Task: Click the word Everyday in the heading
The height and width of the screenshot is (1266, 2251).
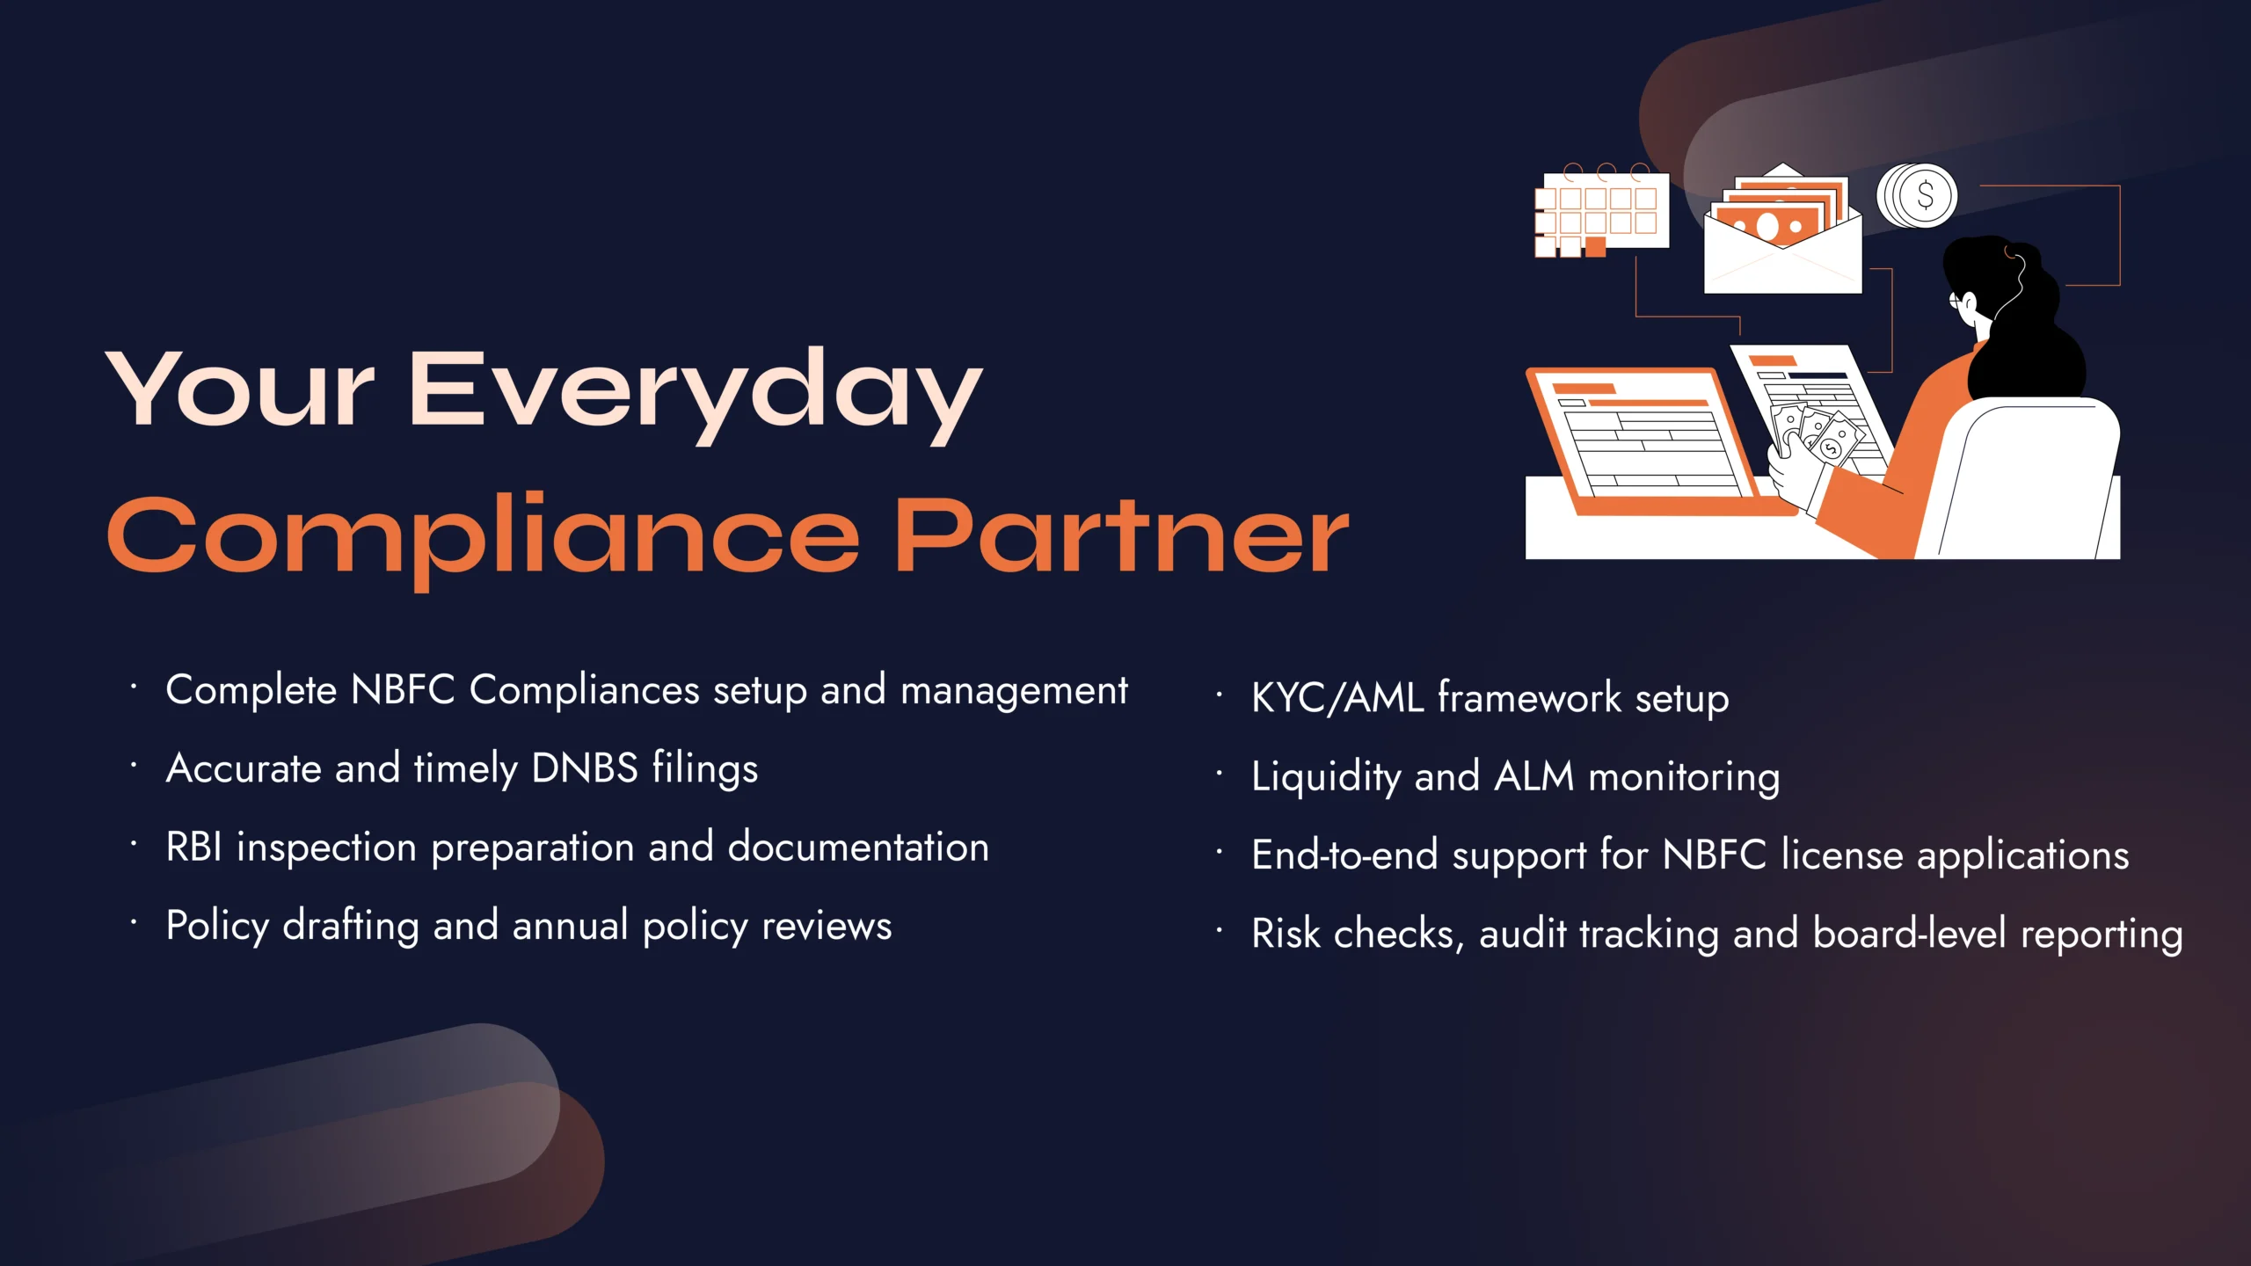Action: (695, 391)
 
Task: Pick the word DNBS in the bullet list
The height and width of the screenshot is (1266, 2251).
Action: (585, 768)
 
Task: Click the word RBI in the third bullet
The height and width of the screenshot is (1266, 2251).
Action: (193, 848)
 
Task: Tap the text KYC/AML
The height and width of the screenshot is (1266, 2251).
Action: (1337, 698)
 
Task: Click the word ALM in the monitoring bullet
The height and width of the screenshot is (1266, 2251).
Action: (1534, 776)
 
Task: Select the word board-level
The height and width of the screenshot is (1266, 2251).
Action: (1909, 934)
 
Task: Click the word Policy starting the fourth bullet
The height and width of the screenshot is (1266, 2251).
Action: (217, 927)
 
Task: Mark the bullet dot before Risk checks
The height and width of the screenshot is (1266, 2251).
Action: (1220, 930)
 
